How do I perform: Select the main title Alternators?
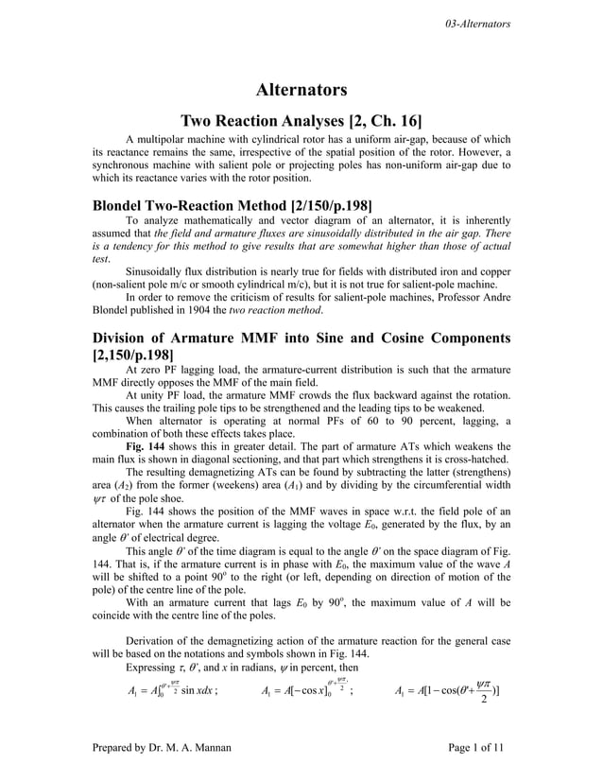click(x=301, y=91)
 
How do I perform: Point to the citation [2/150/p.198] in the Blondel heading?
click(x=313, y=206)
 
